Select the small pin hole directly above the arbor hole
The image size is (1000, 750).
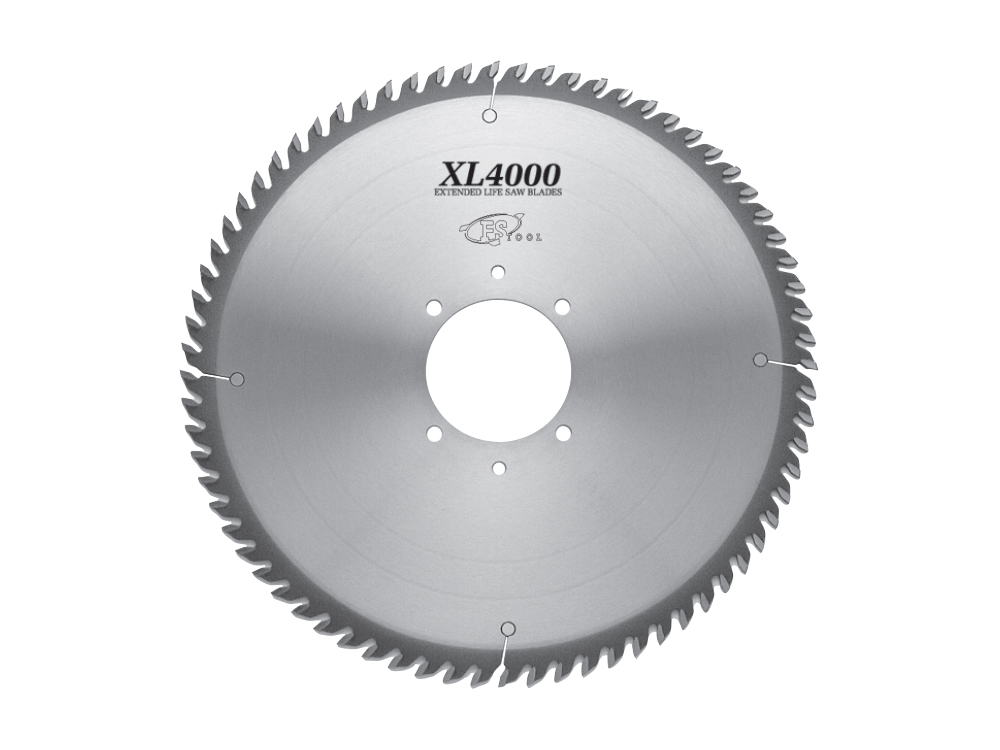pos(498,272)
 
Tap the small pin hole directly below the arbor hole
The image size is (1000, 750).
pos(499,467)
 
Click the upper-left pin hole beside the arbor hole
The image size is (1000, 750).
pos(434,307)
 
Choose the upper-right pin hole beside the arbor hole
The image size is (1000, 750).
pos(562,306)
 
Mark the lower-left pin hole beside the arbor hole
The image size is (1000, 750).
pos(434,434)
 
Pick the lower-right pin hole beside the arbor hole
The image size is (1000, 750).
pos(563,433)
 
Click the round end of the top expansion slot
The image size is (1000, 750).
pos(489,117)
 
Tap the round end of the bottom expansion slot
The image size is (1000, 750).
pos(508,628)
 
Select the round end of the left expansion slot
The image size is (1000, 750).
pos(237,379)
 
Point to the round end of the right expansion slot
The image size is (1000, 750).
pos(759,359)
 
